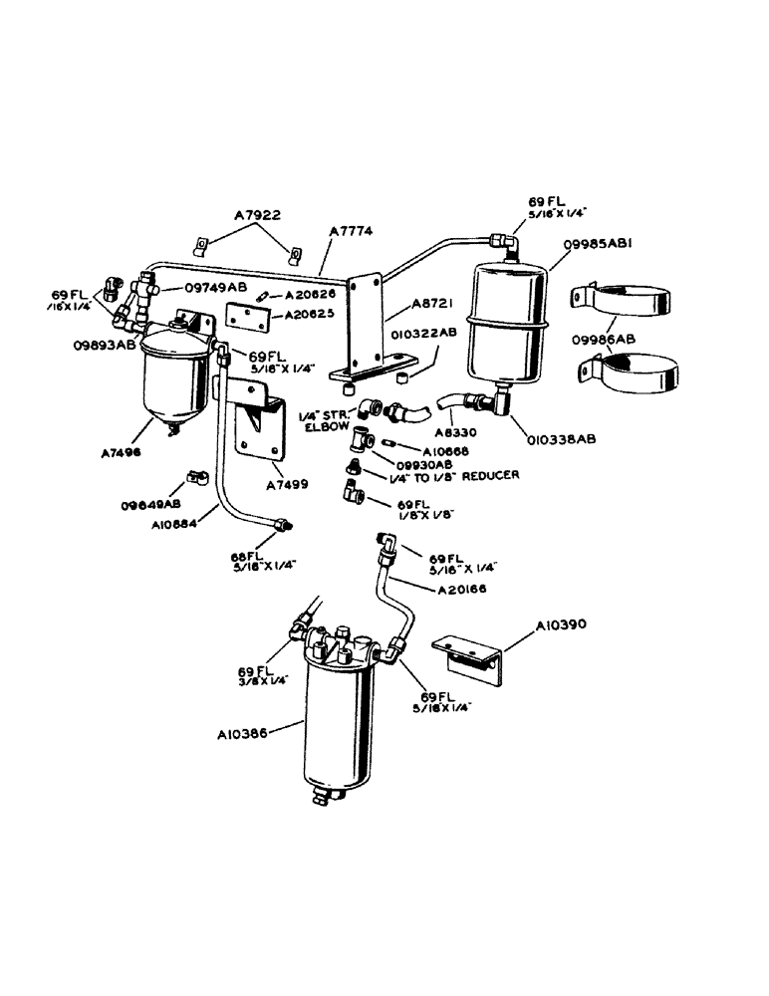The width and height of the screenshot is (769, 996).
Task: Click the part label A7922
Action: point(258,213)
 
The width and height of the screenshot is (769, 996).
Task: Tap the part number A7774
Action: point(350,230)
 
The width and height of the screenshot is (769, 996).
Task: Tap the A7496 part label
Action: point(122,450)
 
